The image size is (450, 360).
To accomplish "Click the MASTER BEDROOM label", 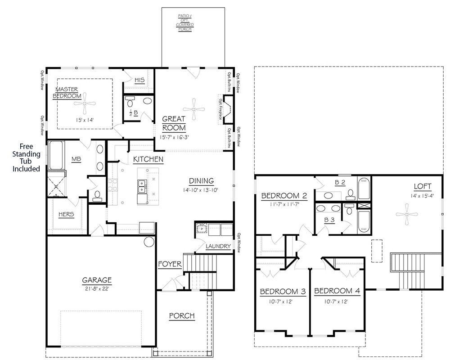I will tap(67, 92).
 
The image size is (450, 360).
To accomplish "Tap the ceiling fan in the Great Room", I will tap(194, 108).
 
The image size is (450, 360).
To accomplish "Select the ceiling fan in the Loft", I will tap(407, 214).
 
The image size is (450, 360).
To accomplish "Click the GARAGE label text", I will tap(97, 279).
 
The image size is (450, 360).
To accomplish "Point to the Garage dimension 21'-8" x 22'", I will tap(97, 289).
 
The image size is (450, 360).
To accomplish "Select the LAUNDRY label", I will tap(218, 246).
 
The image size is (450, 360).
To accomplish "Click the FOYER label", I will tap(170, 264).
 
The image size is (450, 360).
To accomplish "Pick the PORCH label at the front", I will tap(182, 316).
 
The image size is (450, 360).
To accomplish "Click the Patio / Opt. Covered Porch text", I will tap(184, 22).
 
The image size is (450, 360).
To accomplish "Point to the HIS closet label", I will tap(139, 80).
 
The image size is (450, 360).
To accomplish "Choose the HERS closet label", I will tap(66, 214).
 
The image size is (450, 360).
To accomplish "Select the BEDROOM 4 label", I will tap(337, 291).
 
